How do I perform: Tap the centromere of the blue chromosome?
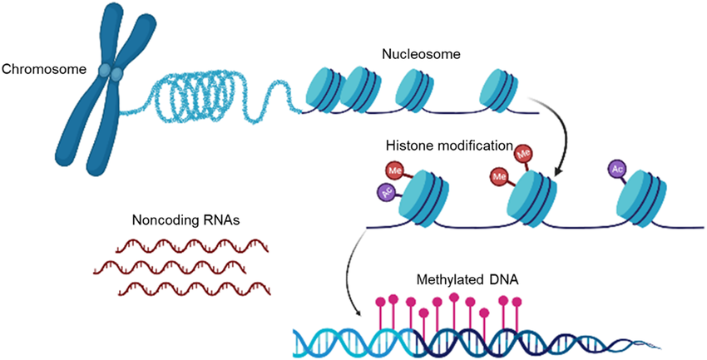click(110, 74)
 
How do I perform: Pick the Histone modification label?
click(447, 145)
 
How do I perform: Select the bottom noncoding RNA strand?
click(185, 289)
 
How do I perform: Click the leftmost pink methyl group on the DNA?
click(383, 300)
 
